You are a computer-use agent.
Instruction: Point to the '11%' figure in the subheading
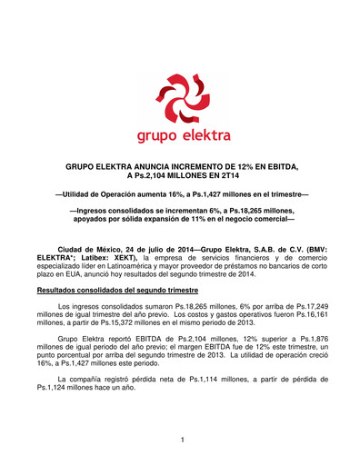pyautogui.click(x=207, y=219)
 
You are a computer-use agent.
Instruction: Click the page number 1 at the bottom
pyautogui.click(x=182, y=440)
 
